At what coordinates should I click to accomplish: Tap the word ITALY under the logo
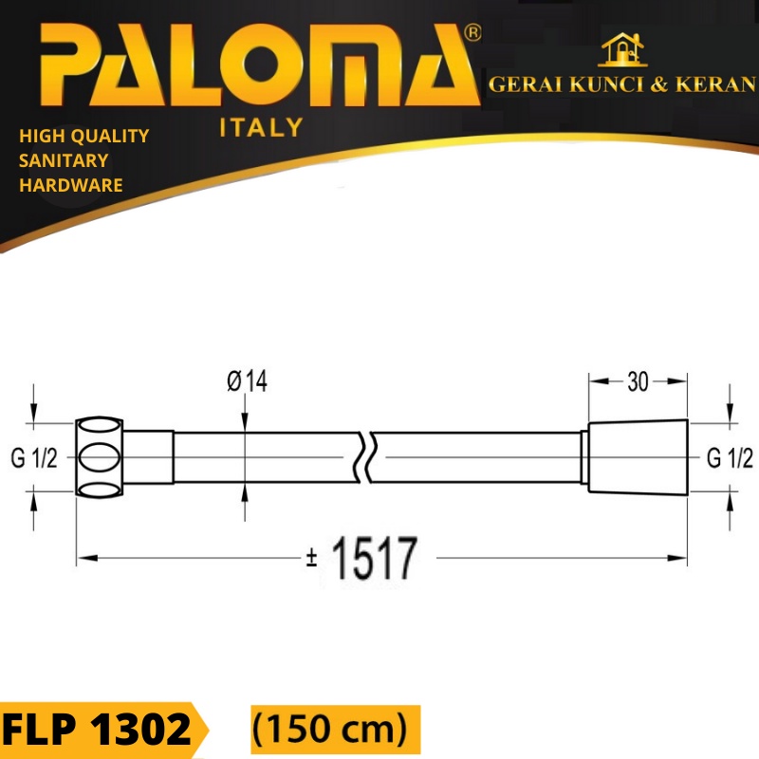click(x=261, y=128)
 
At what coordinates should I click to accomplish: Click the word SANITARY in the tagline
click(x=64, y=160)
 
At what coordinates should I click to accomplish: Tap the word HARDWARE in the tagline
click(x=71, y=185)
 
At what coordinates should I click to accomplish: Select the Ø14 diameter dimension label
click(x=247, y=381)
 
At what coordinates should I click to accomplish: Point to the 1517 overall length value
click(x=373, y=560)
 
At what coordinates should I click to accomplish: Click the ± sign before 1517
click(x=311, y=561)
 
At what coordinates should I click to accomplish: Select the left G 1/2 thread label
click(x=35, y=459)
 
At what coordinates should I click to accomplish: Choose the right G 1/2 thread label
click(x=731, y=459)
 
